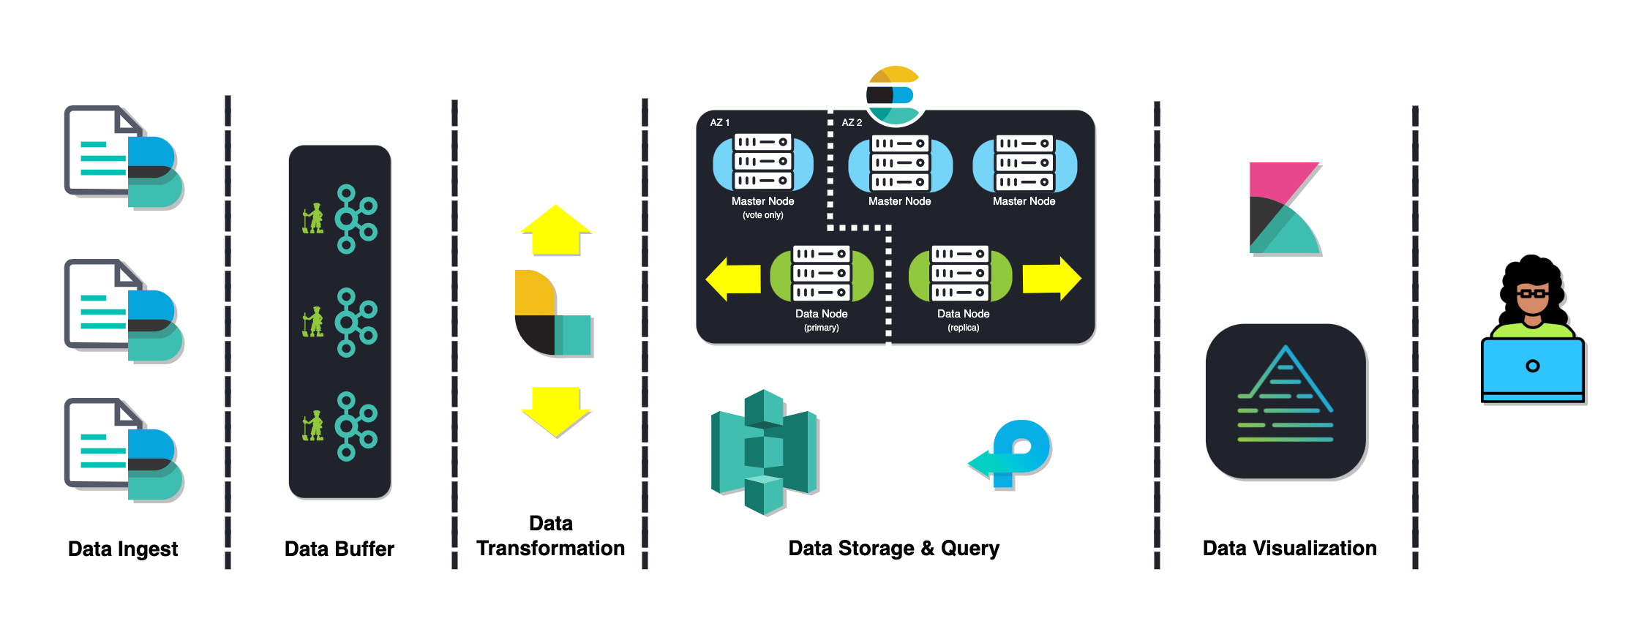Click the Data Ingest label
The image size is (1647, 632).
pyautogui.click(x=123, y=549)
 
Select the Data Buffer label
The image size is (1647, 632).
pyautogui.click(x=339, y=549)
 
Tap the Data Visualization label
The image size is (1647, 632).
pyautogui.click(x=1289, y=548)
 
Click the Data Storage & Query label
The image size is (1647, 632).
pyautogui.click(x=893, y=548)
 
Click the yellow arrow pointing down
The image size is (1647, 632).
pyautogui.click(x=556, y=411)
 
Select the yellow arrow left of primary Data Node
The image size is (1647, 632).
pyautogui.click(x=733, y=279)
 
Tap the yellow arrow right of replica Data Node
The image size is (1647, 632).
pyautogui.click(x=1051, y=279)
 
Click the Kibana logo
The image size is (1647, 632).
pyautogui.click(x=1284, y=208)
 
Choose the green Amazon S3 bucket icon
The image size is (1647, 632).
pyautogui.click(x=764, y=452)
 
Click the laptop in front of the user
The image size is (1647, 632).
pyautogui.click(x=1532, y=369)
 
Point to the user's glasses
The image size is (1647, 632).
pyautogui.click(x=1531, y=294)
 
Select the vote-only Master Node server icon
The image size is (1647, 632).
pyautogui.click(x=762, y=162)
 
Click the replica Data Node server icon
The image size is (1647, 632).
pyautogui.click(x=960, y=274)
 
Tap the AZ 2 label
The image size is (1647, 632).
pyautogui.click(x=852, y=122)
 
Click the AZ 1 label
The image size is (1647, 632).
pyautogui.click(x=719, y=122)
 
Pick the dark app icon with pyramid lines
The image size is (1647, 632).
pyautogui.click(x=1286, y=401)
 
